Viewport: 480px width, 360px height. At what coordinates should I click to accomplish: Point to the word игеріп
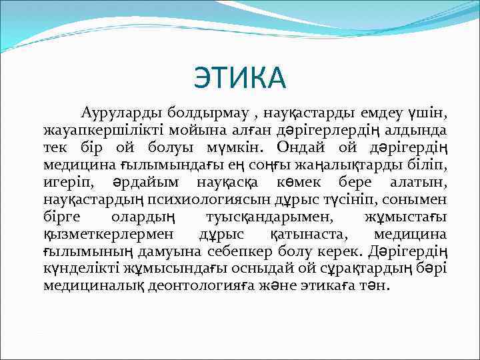[65, 181]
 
